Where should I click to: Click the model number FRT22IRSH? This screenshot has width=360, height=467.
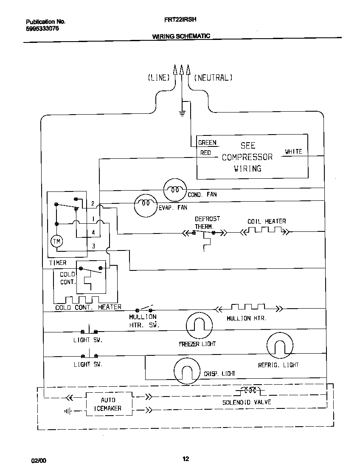[180, 20]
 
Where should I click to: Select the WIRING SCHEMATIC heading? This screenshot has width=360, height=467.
[181, 37]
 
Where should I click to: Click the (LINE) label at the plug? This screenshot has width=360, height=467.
[159, 78]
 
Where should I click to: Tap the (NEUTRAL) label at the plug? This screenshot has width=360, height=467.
[213, 78]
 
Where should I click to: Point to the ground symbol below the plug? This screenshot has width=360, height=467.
[182, 113]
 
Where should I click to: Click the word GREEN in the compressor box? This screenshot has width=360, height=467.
[207, 143]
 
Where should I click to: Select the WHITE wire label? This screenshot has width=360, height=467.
[293, 152]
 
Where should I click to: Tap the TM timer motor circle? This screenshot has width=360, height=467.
[57, 242]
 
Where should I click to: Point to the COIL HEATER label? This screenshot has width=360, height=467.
[267, 222]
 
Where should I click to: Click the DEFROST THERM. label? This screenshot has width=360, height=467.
[207, 222]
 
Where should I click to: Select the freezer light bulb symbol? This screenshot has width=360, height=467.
[199, 326]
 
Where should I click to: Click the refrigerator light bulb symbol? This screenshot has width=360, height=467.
[279, 345]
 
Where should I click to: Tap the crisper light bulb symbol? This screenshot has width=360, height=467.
[186, 370]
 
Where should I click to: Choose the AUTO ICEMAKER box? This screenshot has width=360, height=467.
[108, 404]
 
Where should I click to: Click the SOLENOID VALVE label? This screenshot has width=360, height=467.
[247, 402]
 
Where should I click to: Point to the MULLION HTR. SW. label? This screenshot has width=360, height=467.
[143, 321]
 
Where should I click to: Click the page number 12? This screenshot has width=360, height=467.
[186, 459]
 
